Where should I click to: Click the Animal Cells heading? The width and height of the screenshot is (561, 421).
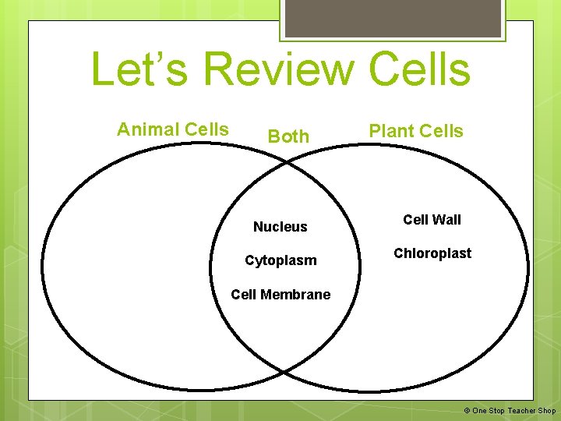(x=173, y=129)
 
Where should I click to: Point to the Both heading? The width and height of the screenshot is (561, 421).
(x=288, y=136)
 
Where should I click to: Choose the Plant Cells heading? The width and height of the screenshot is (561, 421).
(x=416, y=131)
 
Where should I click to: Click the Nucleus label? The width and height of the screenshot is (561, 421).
(x=280, y=227)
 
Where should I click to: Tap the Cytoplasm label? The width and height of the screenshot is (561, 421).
(x=280, y=260)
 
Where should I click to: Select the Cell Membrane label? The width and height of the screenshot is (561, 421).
(x=280, y=295)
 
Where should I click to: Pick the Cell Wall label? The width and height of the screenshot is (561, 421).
(x=432, y=220)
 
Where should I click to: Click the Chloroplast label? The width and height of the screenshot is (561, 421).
(x=432, y=253)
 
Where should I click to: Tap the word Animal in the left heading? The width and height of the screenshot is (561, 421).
(x=143, y=129)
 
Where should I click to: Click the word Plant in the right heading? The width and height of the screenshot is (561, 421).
(x=391, y=131)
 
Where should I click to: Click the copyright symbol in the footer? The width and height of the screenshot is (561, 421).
(x=467, y=411)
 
